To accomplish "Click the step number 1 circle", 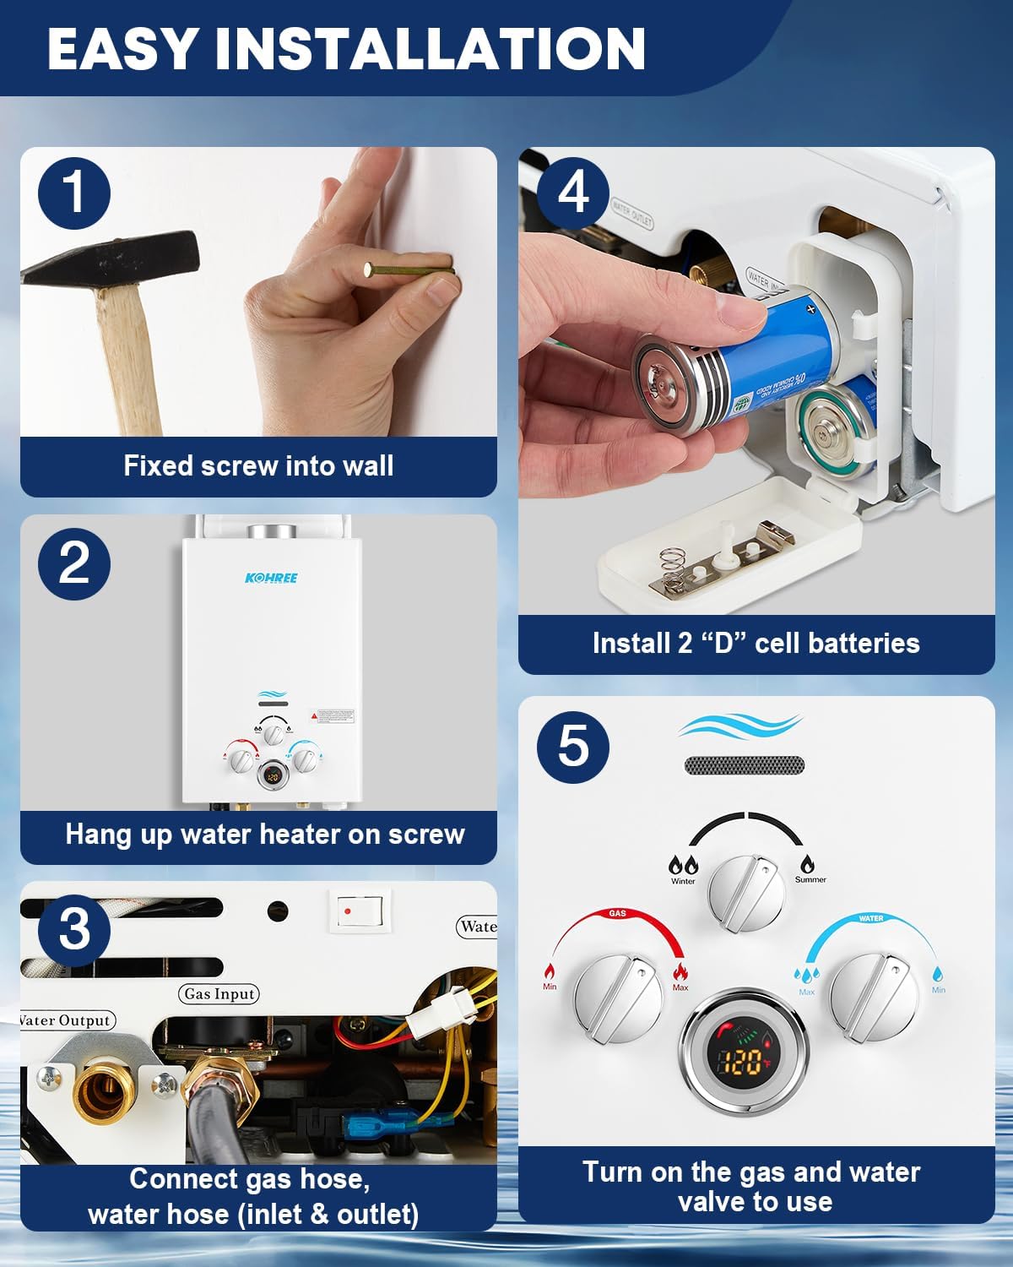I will (74, 193).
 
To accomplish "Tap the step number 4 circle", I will (573, 193).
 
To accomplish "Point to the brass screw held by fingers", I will (409, 270).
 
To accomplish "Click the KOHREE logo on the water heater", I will (271, 578).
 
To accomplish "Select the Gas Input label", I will (219, 994).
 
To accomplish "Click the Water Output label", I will (66, 1020).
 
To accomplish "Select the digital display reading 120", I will (744, 1063).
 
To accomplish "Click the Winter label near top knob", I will (683, 881).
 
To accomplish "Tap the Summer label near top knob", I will (810, 879).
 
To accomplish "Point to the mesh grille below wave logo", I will (744, 765).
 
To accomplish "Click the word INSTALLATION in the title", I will (431, 48).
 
